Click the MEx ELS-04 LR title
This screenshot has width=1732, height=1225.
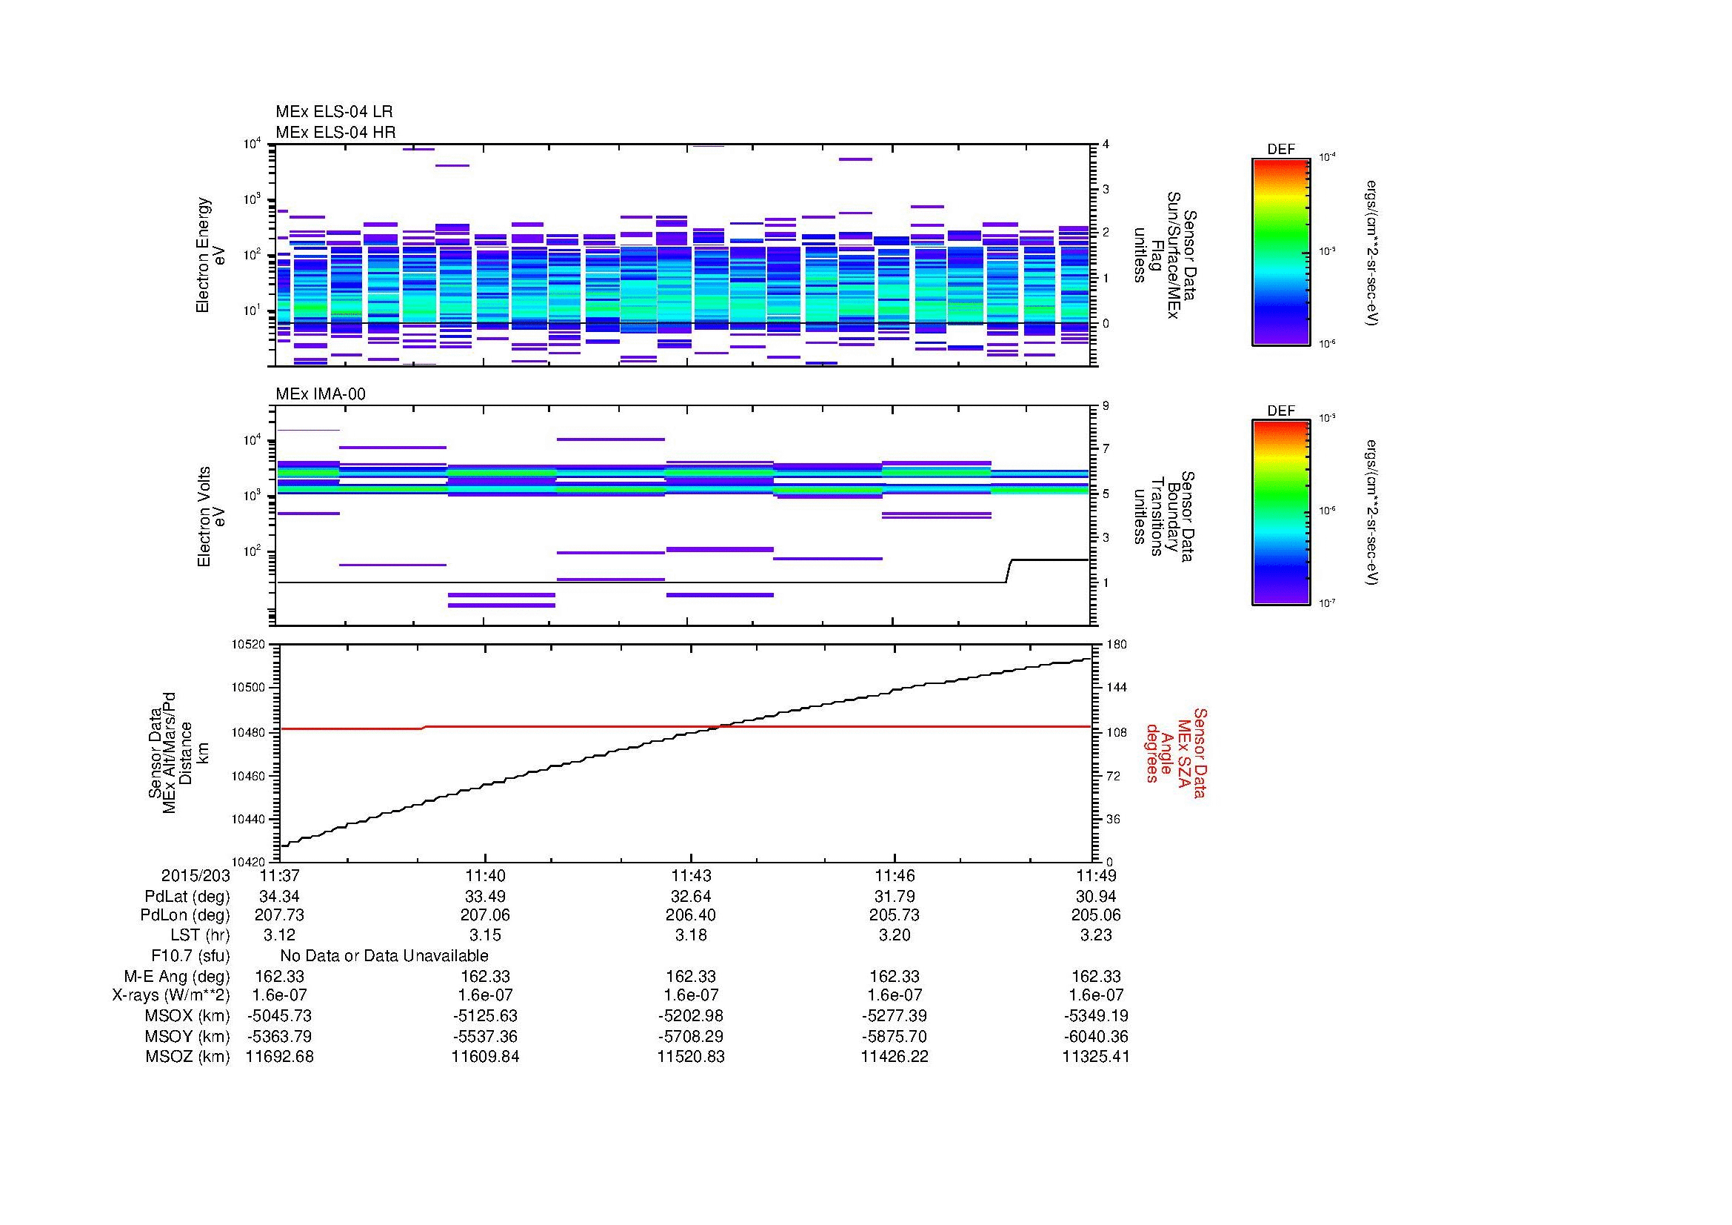(x=333, y=112)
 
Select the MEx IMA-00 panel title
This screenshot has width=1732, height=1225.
(x=320, y=394)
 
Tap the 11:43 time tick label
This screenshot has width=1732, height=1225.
(x=690, y=875)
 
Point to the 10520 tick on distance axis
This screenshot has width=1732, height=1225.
(x=249, y=645)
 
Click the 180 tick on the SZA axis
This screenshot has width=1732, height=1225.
(x=1116, y=645)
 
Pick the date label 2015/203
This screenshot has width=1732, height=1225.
(x=195, y=875)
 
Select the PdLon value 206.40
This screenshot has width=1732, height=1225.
(x=690, y=915)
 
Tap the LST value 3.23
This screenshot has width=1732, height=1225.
(x=1095, y=935)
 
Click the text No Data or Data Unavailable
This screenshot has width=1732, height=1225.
(x=384, y=956)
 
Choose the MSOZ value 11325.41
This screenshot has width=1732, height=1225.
(x=1095, y=1057)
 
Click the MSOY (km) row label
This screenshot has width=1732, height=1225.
(x=187, y=1036)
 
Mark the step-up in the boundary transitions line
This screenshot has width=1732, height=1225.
(x=1009, y=571)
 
